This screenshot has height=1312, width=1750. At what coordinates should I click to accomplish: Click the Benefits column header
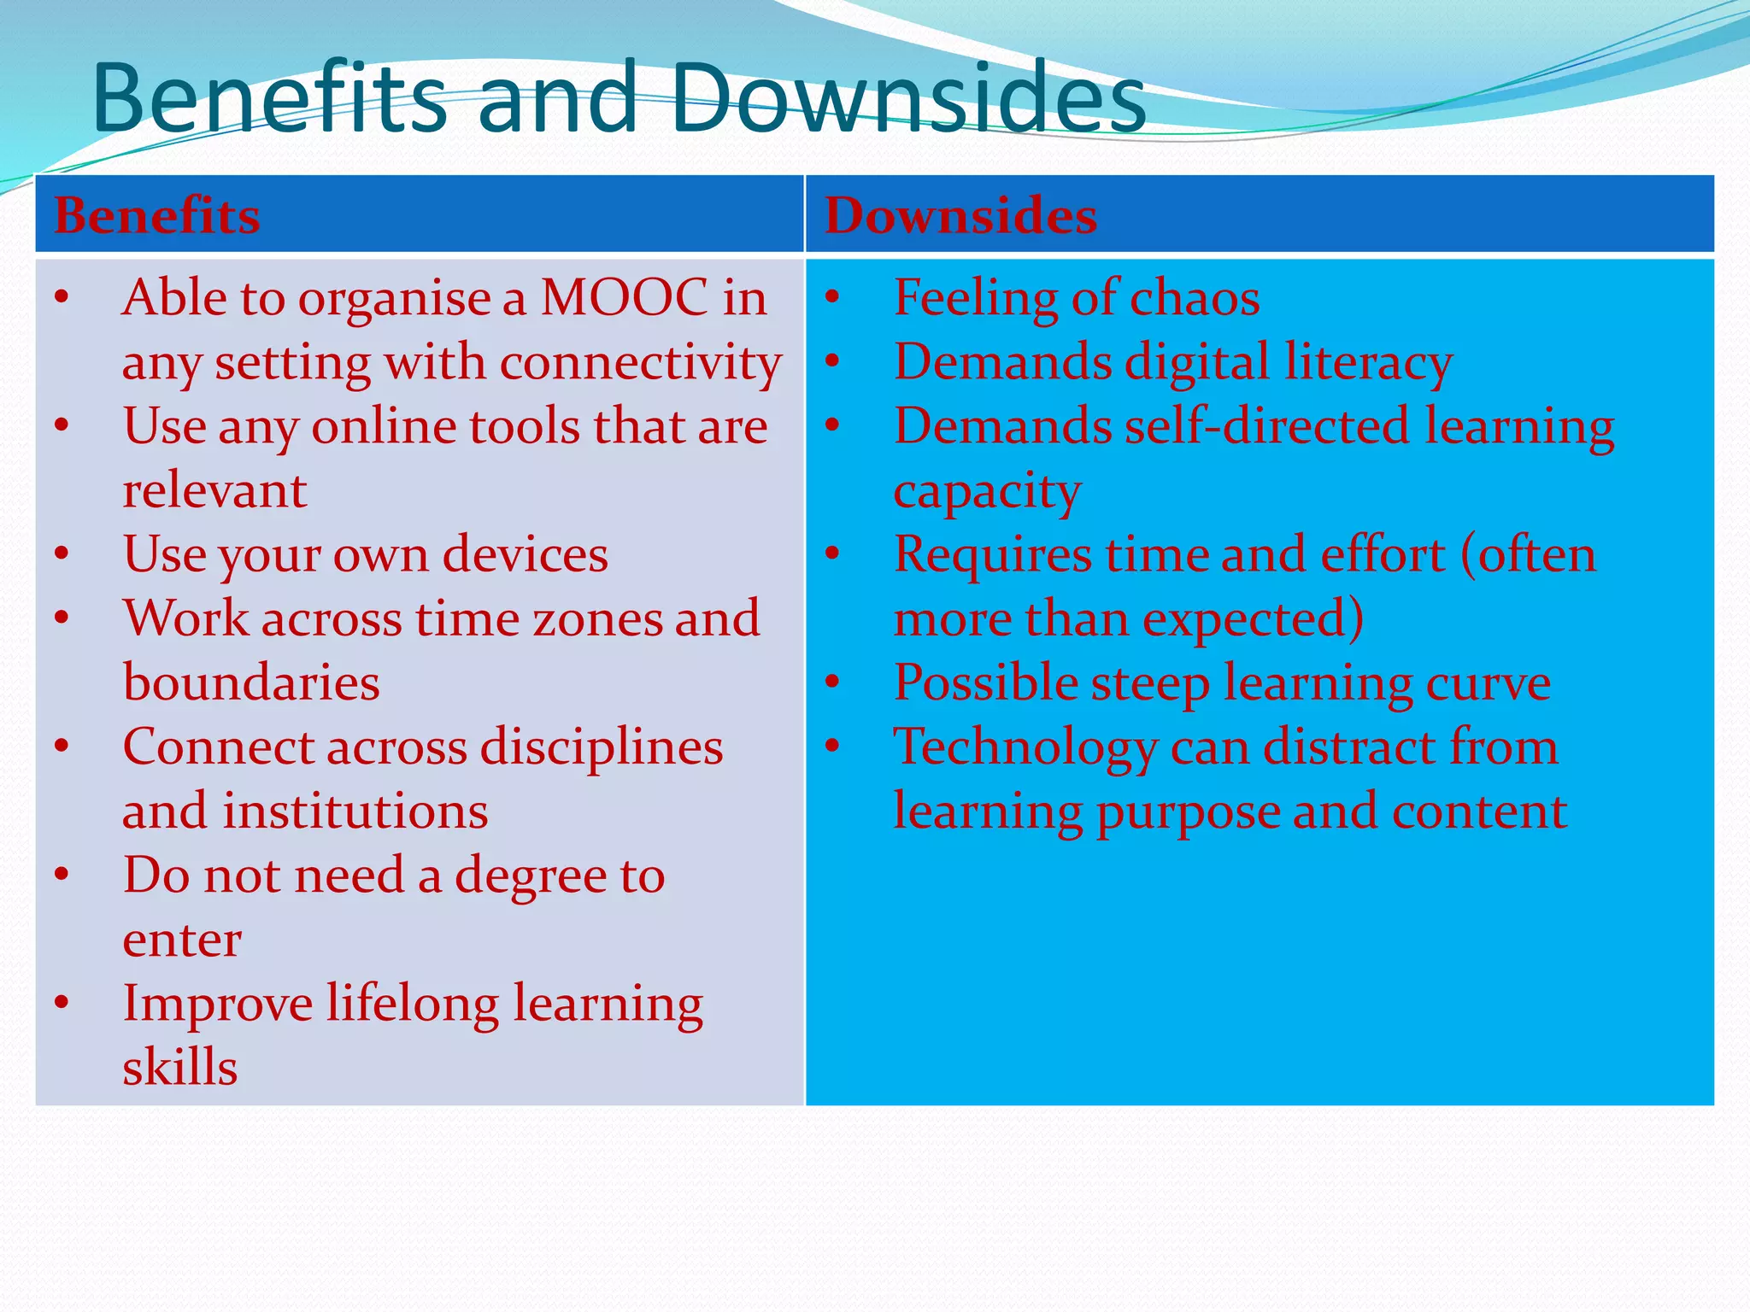coord(157,215)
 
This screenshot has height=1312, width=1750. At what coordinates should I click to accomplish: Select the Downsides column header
coord(960,215)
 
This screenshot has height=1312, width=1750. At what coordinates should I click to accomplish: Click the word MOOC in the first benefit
coord(624,298)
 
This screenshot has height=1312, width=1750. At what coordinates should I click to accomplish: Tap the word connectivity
coord(641,363)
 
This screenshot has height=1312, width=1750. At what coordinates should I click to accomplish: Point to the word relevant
coord(214,491)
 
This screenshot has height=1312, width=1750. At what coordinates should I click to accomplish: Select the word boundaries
coord(251,683)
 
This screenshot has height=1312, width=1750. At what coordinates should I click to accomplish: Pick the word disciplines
coord(602,747)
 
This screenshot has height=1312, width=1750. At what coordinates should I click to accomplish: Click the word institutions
coord(355,811)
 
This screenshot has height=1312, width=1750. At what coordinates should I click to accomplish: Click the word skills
coord(179,1068)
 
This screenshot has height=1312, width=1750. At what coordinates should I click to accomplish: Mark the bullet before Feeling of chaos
coord(833,299)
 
